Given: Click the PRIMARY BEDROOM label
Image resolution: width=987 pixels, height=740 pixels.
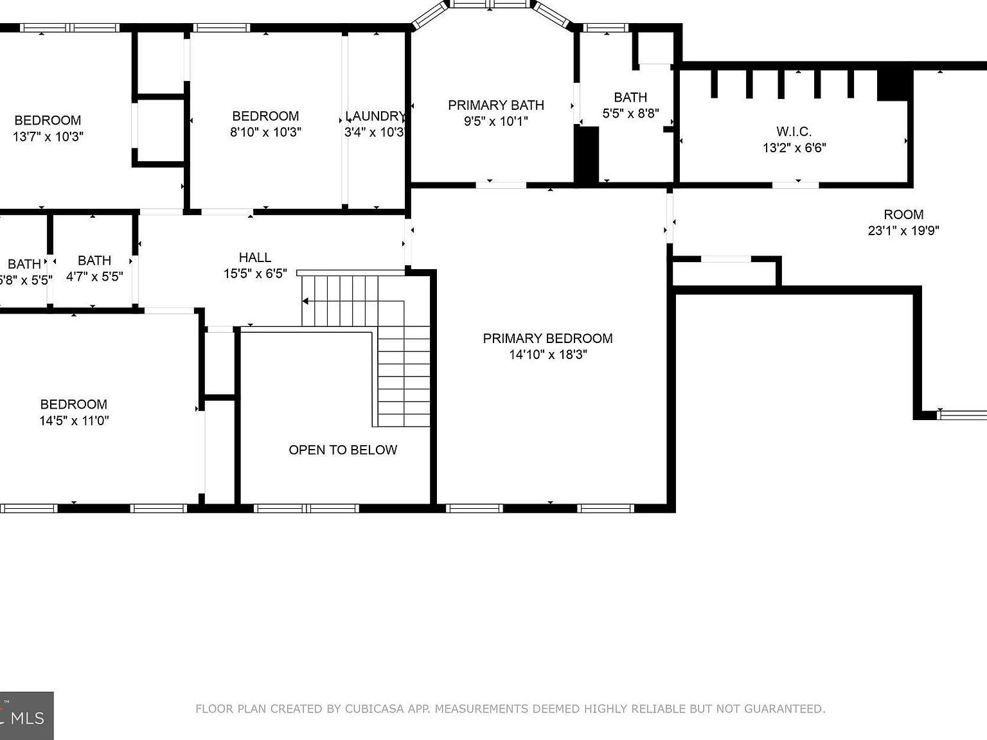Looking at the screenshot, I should pyautogui.click(x=547, y=338).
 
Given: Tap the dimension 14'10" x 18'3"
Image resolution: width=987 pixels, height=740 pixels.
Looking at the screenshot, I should pyautogui.click(x=547, y=355).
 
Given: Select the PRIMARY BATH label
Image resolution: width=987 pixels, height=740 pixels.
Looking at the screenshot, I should pyautogui.click(x=495, y=105).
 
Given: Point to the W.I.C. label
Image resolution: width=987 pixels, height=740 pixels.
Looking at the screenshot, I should pyautogui.click(x=794, y=132).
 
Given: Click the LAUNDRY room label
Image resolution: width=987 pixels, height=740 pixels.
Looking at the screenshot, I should pyautogui.click(x=375, y=116).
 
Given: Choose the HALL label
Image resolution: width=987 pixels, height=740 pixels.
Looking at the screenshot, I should pyautogui.click(x=254, y=258).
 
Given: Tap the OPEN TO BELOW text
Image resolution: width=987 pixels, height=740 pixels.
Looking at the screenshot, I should pyautogui.click(x=342, y=450).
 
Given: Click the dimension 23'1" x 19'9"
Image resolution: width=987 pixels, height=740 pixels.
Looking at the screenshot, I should pyautogui.click(x=903, y=231).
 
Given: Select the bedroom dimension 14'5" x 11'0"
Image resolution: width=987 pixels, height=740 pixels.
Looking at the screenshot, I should pyautogui.click(x=73, y=421).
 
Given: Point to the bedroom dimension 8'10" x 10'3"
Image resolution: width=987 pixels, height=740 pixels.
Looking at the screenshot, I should pyautogui.click(x=265, y=132).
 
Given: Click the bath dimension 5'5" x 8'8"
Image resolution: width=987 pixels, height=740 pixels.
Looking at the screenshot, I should pyautogui.click(x=630, y=114).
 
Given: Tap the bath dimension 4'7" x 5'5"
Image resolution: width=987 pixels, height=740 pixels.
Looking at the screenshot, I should pyautogui.click(x=94, y=277).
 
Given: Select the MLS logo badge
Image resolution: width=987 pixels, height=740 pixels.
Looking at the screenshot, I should pyautogui.click(x=26, y=716).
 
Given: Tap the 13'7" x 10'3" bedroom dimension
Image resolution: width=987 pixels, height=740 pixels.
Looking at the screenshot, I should pyautogui.click(x=48, y=137).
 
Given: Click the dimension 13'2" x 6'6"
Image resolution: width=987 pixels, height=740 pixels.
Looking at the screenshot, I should pyautogui.click(x=794, y=148).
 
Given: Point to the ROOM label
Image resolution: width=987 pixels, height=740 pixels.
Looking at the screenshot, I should pyautogui.click(x=903, y=215).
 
